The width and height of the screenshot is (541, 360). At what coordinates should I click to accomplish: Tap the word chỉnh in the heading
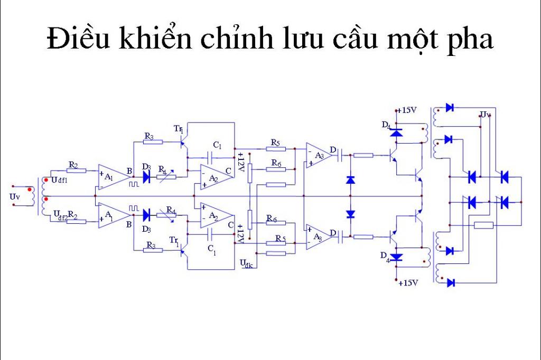(x=239, y=38)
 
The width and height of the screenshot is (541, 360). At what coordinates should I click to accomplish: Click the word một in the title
(x=413, y=39)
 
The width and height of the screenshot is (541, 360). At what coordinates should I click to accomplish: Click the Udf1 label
(x=59, y=180)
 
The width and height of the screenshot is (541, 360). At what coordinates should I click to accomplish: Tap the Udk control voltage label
(x=246, y=264)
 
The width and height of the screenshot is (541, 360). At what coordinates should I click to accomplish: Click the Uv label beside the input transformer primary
(x=14, y=197)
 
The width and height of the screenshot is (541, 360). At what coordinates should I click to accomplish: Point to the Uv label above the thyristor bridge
(x=484, y=114)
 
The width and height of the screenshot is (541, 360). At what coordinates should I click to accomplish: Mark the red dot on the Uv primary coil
(x=30, y=190)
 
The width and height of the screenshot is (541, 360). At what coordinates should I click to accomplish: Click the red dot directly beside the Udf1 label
(x=46, y=179)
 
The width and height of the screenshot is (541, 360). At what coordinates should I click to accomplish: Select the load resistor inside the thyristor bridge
(x=484, y=225)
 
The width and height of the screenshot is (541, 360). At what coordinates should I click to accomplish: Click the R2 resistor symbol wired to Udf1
(x=76, y=170)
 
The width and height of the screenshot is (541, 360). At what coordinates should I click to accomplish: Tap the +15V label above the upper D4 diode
(x=407, y=110)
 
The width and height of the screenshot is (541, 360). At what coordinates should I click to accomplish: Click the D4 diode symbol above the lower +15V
(x=396, y=257)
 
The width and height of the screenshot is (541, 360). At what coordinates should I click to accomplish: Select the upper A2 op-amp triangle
(x=217, y=177)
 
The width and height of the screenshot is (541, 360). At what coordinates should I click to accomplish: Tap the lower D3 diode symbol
(x=146, y=215)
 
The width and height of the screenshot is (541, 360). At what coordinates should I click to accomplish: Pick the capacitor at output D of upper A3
(x=340, y=155)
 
